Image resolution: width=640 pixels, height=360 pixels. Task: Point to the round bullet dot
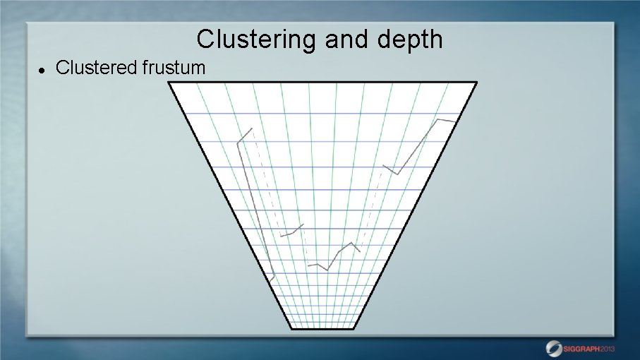tap(42, 70)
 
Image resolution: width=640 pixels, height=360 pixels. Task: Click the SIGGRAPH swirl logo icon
tap(555, 347)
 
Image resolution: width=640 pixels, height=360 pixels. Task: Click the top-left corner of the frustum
tap(169, 83)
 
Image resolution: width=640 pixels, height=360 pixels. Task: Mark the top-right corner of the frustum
tap(476, 83)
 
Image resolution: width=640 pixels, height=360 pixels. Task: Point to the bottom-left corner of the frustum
tap(291, 328)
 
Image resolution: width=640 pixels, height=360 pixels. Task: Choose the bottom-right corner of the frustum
tap(354, 328)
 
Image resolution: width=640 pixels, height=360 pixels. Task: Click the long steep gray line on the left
tap(253, 205)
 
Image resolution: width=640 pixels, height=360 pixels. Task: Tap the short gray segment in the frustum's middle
tap(291, 232)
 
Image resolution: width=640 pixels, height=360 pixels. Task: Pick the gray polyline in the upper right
tap(419, 145)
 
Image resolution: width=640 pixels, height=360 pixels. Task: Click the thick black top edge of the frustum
tap(322, 83)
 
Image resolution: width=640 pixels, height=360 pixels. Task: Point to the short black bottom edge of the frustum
tap(322, 328)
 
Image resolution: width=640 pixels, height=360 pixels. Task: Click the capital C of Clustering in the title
tap(205, 40)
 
